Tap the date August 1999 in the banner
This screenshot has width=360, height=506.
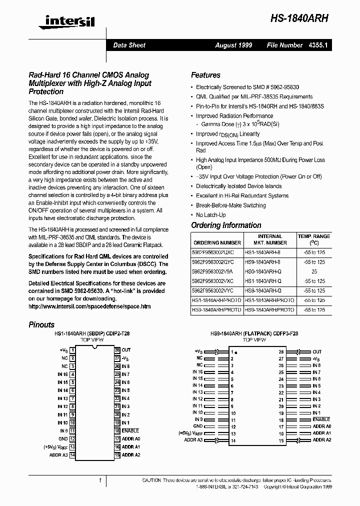tap(233, 45)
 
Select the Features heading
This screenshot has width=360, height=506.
tap(205, 75)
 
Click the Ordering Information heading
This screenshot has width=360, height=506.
tap(226, 225)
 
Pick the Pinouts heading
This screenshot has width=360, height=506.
tap(41, 324)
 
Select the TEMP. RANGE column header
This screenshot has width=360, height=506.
tap(314, 239)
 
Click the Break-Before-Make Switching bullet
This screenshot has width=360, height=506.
tap(230, 205)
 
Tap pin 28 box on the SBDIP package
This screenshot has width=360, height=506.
tap(117, 350)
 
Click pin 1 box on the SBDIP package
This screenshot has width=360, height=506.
tap(72, 350)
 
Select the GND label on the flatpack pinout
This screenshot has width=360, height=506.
tap(198, 426)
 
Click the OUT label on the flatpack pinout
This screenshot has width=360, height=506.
tap(317, 352)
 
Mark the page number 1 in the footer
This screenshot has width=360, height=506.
tap(100, 480)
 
